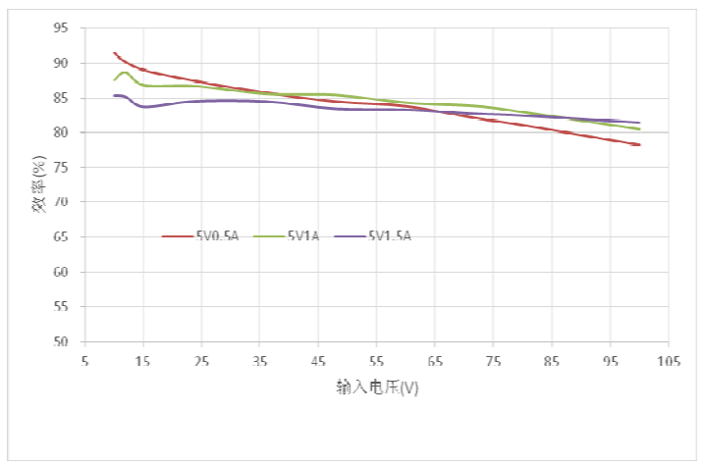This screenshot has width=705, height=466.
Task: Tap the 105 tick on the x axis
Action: coord(669,360)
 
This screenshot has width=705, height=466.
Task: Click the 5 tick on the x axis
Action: coord(85,360)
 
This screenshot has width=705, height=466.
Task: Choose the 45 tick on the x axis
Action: coord(319,360)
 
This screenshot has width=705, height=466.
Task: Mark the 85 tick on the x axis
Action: coord(552,360)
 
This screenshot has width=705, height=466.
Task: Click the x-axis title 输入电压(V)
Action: coord(377,387)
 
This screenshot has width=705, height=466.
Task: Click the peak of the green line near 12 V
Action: coord(125,72)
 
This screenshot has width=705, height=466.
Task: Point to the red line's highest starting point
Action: coord(115,53)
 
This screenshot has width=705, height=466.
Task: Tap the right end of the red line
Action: coord(639,145)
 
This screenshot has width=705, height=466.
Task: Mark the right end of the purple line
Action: coord(639,123)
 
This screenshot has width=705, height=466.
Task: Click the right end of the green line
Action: coord(639,129)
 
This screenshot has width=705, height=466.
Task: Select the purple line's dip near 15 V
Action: coord(145,107)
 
